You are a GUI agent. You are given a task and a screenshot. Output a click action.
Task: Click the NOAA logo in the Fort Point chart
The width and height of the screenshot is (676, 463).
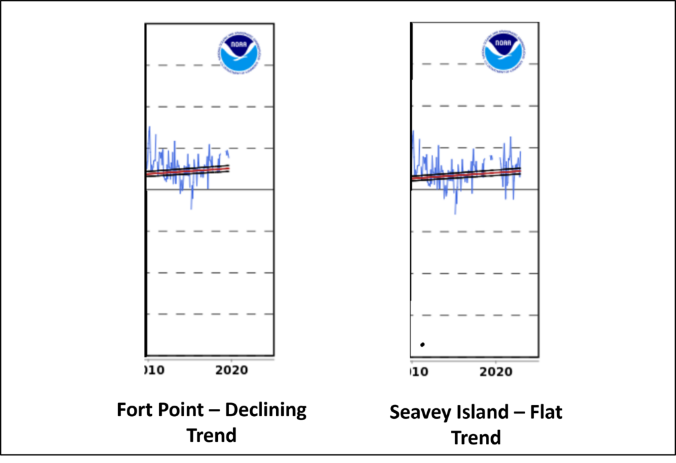pyautogui.click(x=240, y=52)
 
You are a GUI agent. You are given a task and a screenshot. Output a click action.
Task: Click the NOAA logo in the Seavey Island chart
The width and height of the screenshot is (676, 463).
pyautogui.click(x=504, y=51)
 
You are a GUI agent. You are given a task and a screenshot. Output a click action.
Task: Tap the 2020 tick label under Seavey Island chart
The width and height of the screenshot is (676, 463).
pyautogui.click(x=496, y=372)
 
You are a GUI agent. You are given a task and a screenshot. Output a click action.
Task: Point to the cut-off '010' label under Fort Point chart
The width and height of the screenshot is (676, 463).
pyautogui.click(x=154, y=371)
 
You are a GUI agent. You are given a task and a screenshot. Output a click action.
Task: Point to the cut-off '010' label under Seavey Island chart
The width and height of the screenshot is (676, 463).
pyautogui.click(x=419, y=372)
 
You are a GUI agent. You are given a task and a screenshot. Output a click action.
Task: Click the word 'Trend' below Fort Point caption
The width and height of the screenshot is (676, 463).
pyautogui.click(x=212, y=435)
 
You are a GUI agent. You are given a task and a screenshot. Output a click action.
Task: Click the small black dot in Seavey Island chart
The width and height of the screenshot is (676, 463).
pyautogui.click(x=422, y=344)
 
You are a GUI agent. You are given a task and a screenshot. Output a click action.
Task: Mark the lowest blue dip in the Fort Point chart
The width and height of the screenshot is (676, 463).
pyautogui.click(x=191, y=208)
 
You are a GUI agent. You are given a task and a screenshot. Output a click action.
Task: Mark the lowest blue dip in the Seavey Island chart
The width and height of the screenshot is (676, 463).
pyautogui.click(x=455, y=213)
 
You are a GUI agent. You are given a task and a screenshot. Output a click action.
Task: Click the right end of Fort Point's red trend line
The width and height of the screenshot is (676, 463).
pyautogui.click(x=229, y=168)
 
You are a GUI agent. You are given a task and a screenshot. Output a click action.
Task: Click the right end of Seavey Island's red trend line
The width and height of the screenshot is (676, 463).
pyautogui.click(x=520, y=171)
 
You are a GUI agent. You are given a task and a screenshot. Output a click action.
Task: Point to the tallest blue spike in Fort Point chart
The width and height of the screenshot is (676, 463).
pyautogui.click(x=149, y=127)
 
